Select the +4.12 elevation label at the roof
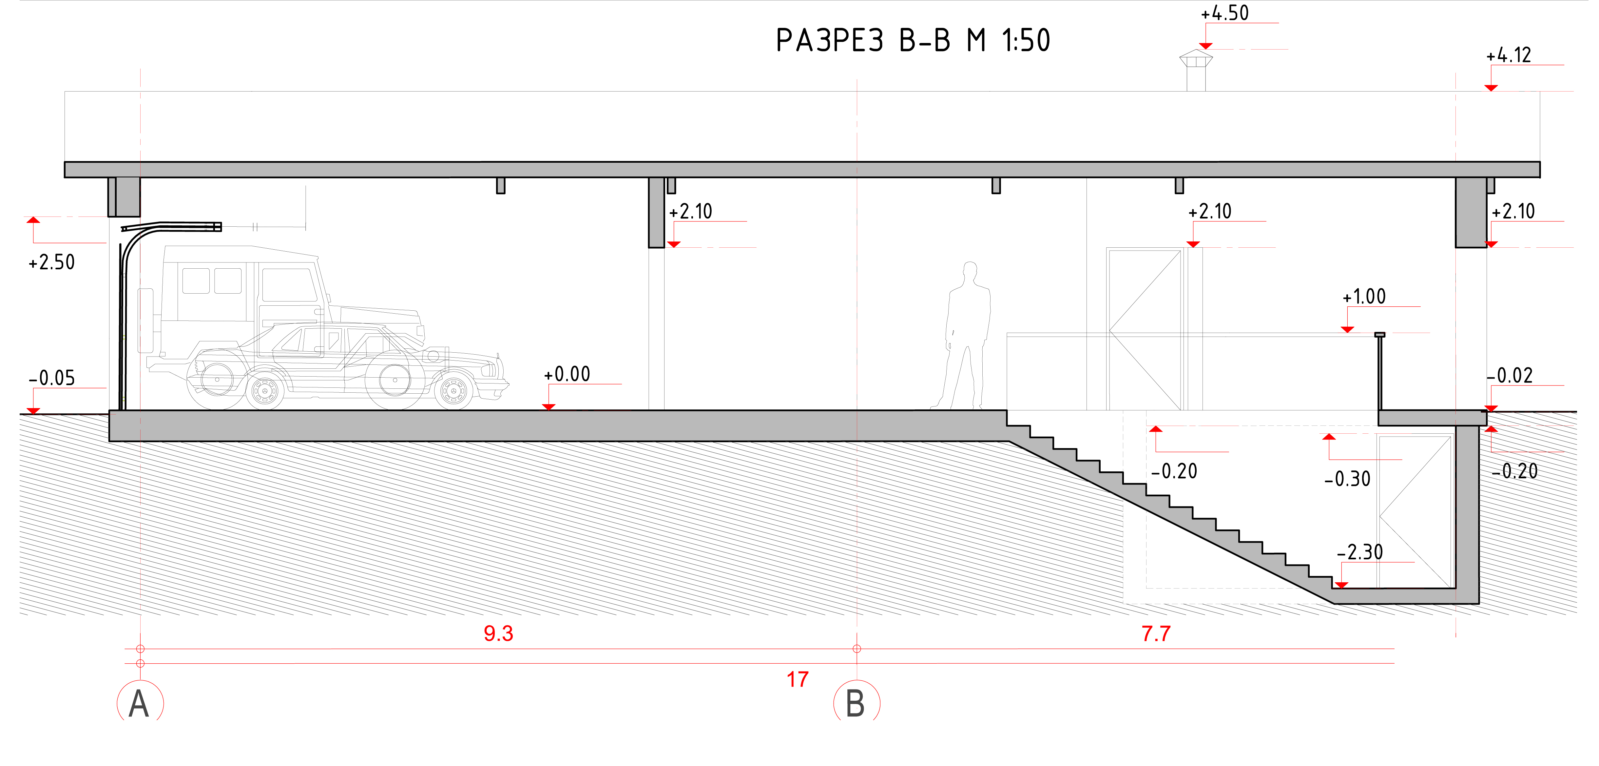click(1508, 55)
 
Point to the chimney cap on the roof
click(1196, 58)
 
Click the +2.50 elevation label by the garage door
click(51, 262)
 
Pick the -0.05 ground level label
click(51, 378)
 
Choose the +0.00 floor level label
click(567, 374)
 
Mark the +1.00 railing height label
click(1364, 296)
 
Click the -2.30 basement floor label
click(1359, 552)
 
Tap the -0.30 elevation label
click(1347, 479)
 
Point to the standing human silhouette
click(967, 336)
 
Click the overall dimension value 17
click(798, 679)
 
